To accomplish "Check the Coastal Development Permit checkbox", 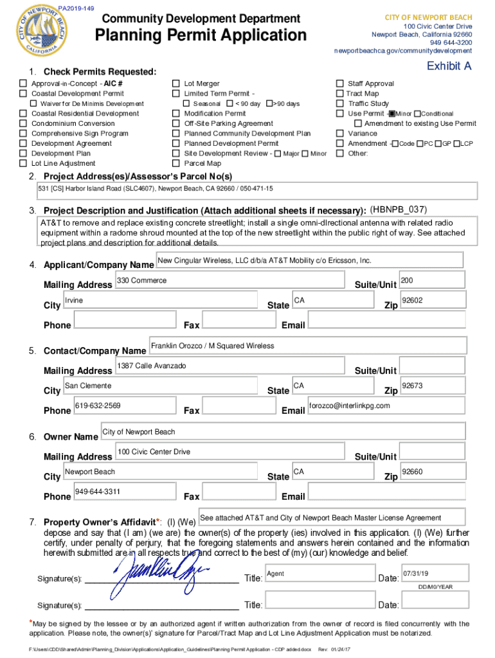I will tap(23, 94).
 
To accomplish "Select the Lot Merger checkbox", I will tap(175, 84).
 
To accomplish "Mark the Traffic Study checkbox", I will tap(339, 103).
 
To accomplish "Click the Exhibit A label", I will tap(449, 66).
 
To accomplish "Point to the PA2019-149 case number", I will tap(76, 8).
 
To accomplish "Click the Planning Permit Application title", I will tap(201, 36).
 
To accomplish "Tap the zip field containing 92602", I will tap(431, 301).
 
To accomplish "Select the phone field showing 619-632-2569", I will tap(125, 406).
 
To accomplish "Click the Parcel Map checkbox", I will tap(175, 163).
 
